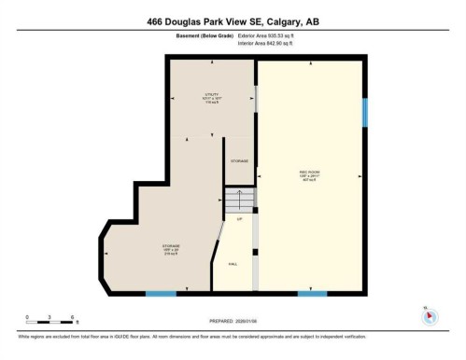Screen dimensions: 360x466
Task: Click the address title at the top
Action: pyautogui.click(x=233, y=21)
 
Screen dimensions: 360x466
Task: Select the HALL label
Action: pyautogui.click(x=233, y=264)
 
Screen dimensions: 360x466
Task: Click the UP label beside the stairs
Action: pyautogui.click(x=239, y=219)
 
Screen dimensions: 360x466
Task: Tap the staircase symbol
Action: pyautogui.click(x=238, y=200)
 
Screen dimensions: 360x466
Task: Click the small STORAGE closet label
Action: pyautogui.click(x=239, y=161)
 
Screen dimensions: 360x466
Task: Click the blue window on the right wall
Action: pyautogui.click(x=365, y=113)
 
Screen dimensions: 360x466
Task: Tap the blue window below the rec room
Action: pyautogui.click(x=312, y=294)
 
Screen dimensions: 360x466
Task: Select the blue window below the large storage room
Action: pyautogui.click(x=161, y=294)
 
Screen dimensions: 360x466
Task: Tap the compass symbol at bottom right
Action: pyautogui.click(x=429, y=315)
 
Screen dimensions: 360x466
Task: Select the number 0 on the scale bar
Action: pyautogui.click(x=27, y=317)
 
